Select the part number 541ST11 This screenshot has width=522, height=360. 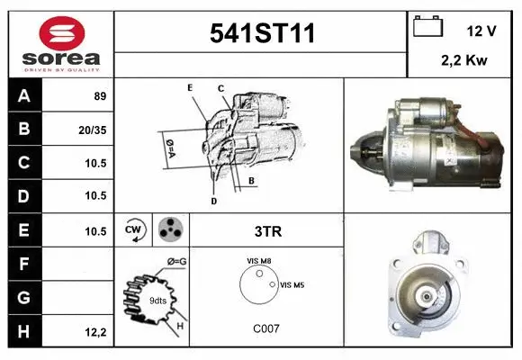click(262, 34)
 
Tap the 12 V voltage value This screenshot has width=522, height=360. click(481, 31)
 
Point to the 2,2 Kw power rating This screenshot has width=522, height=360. click(464, 61)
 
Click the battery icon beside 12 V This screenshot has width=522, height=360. click(428, 27)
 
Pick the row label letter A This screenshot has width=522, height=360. click(22, 95)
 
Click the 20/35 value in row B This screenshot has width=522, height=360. click(93, 129)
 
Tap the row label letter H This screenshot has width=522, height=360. click(22, 331)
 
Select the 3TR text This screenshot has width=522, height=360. click(269, 231)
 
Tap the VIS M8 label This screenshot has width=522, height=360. click(259, 261)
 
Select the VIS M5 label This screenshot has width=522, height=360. click(293, 284)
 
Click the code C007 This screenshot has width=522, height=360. click(266, 328)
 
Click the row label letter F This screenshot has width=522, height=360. click(22, 264)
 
